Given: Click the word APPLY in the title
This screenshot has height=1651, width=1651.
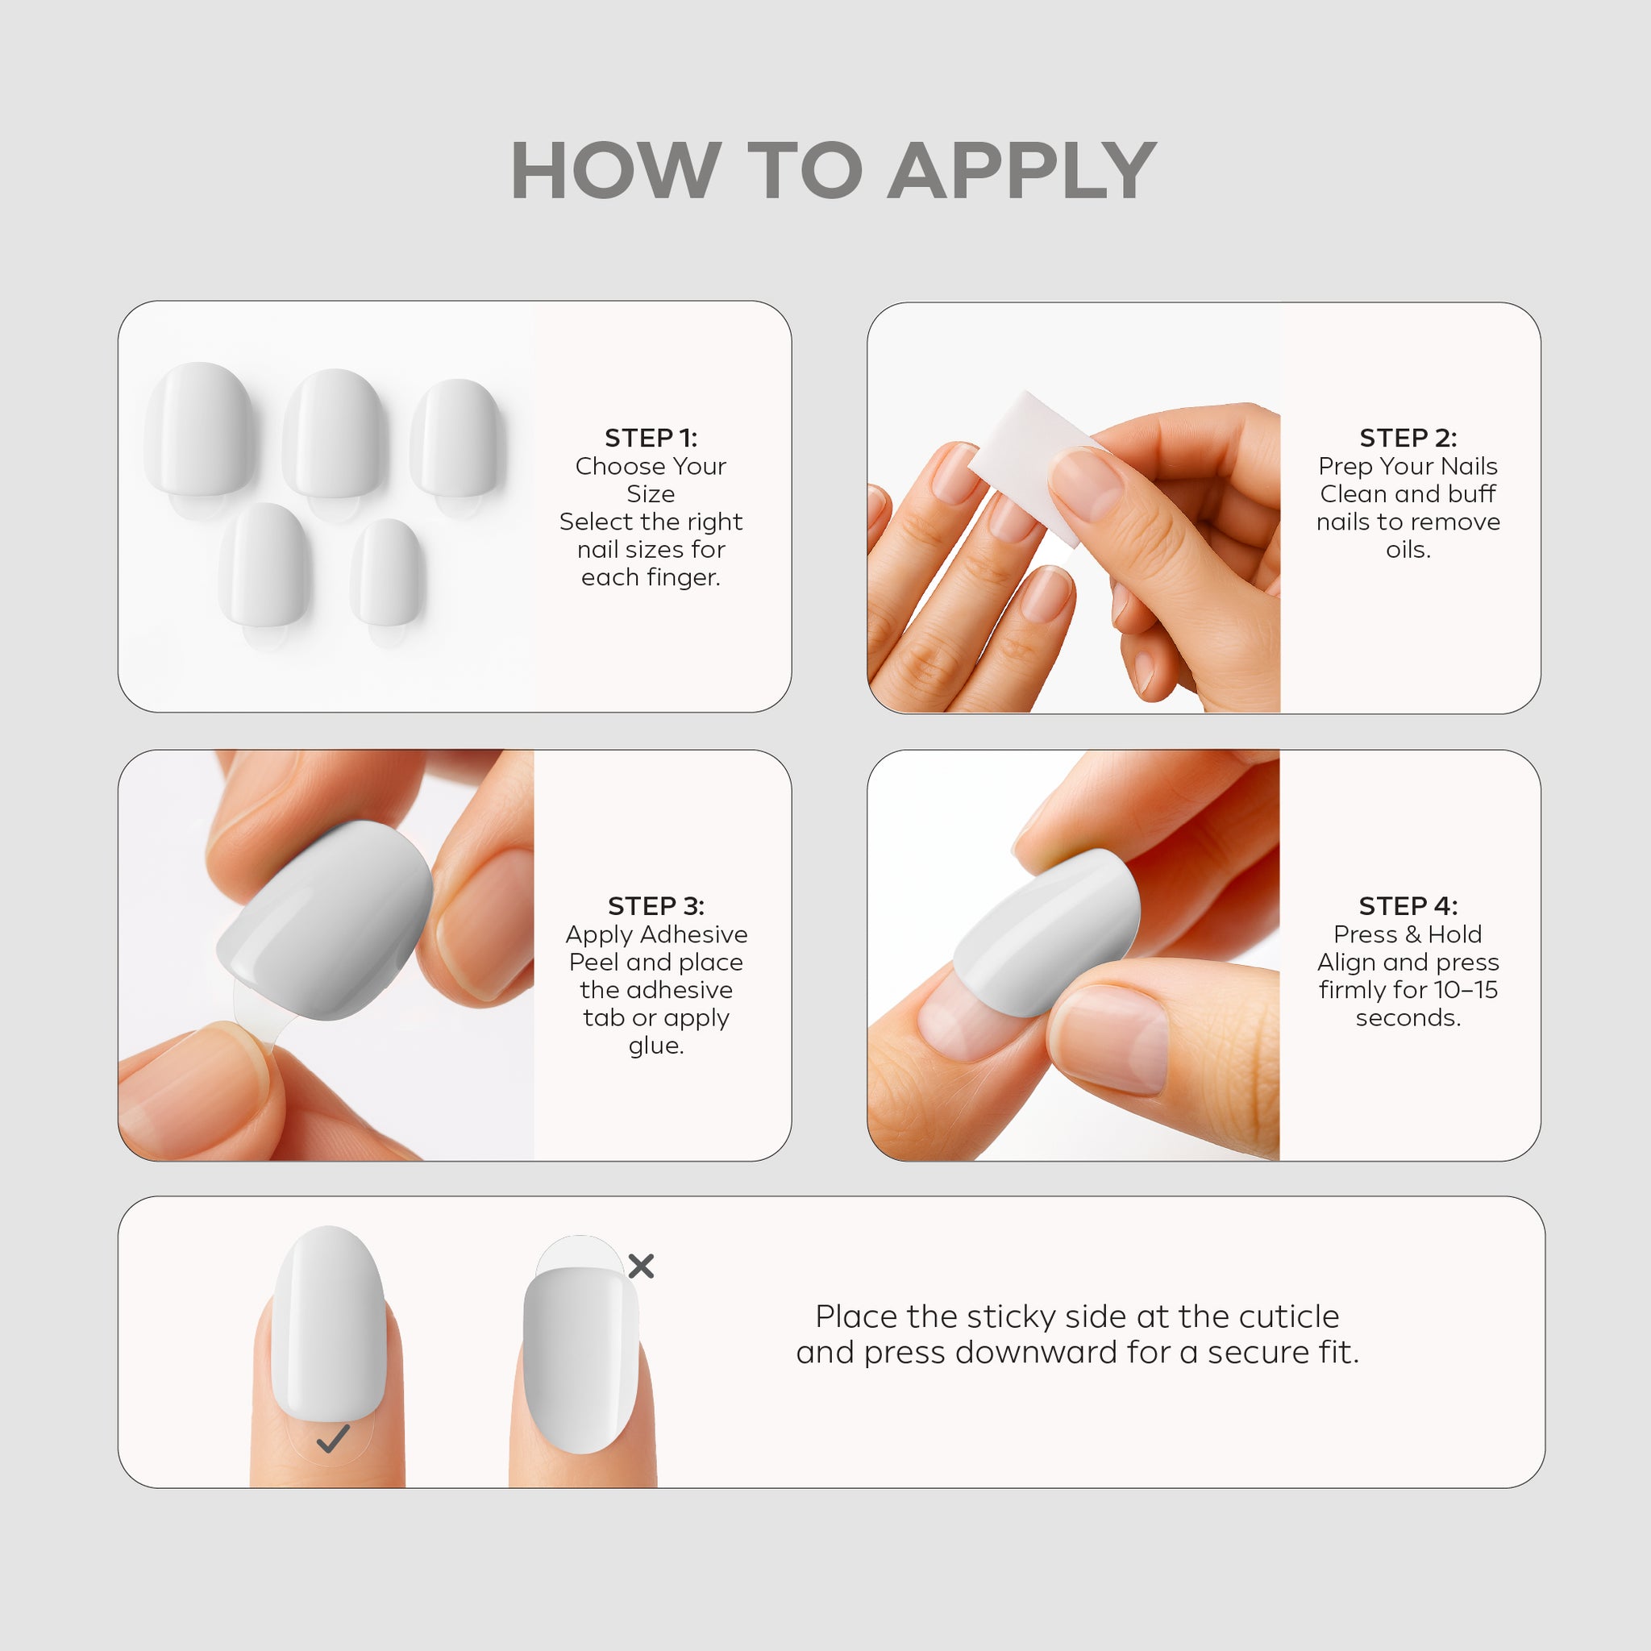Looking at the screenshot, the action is (1022, 171).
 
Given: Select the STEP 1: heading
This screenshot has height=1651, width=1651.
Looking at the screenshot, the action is (651, 438).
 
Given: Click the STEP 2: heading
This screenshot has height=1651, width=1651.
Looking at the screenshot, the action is (1408, 438).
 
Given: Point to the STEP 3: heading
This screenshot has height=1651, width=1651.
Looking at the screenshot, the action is (656, 906).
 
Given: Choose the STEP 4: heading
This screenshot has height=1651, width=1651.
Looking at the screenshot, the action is (1408, 906).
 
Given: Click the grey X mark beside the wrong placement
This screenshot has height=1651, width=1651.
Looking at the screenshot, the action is (641, 1266).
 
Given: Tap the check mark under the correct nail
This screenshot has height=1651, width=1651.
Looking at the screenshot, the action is (332, 1439).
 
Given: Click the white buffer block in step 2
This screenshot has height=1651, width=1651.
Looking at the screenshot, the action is (1038, 466).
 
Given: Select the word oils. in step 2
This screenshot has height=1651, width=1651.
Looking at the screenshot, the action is (1408, 550).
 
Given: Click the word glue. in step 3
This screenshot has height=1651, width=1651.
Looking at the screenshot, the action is (656, 1046).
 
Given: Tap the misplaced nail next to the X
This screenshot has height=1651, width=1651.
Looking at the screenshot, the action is (580, 1361).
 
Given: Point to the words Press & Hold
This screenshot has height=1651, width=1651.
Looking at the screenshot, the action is (1408, 934).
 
